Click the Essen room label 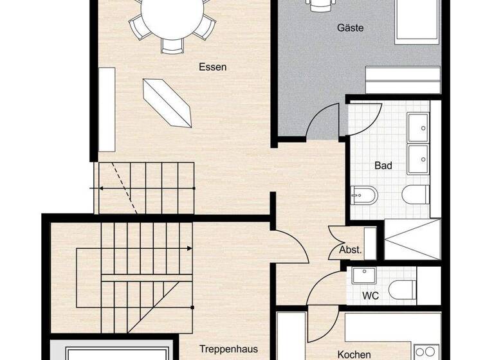(212, 66)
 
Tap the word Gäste (351, 28)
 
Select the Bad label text (383, 165)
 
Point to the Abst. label (350, 250)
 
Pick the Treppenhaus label (224, 348)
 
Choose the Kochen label (354, 354)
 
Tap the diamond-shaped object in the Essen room (168, 103)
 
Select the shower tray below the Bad (412, 240)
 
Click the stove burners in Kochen (427, 353)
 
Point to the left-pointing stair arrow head (101, 188)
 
